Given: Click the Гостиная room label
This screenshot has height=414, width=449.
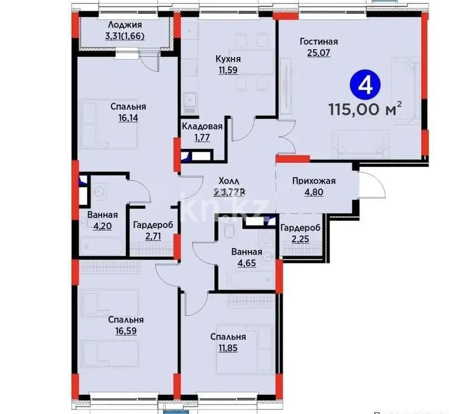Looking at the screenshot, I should tap(319, 42).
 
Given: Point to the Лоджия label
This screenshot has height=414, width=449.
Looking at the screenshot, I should tap(125, 25).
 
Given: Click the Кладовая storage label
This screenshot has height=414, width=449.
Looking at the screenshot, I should tap(203, 127).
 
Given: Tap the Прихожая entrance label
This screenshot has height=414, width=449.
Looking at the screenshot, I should tap(313, 180).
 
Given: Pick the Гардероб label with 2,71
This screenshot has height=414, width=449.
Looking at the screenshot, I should tap(153, 224).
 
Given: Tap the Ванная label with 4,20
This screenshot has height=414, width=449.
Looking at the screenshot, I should tap(102, 215).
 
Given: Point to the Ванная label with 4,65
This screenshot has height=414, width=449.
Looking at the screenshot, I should tap(246, 252).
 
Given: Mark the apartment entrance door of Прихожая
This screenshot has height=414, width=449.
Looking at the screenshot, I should tap(372, 184).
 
